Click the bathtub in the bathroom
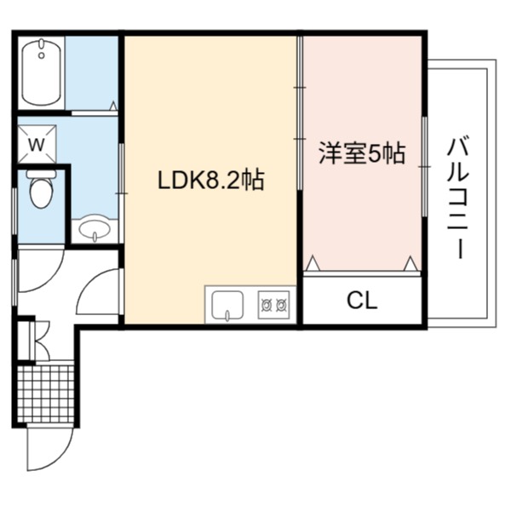(42, 72)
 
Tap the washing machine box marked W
(37, 144)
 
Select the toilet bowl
(41, 193)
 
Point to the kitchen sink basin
(227, 305)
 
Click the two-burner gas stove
(273, 305)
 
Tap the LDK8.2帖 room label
(211, 180)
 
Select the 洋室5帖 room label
(362, 152)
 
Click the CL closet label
(362, 301)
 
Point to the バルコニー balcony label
(458, 198)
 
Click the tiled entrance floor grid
(45, 393)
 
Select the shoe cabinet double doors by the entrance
(40, 341)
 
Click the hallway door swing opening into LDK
(85, 284)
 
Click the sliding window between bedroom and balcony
(425, 167)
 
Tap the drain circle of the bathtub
(42, 55)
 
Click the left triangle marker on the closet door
(313, 263)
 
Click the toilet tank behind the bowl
(41, 174)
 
